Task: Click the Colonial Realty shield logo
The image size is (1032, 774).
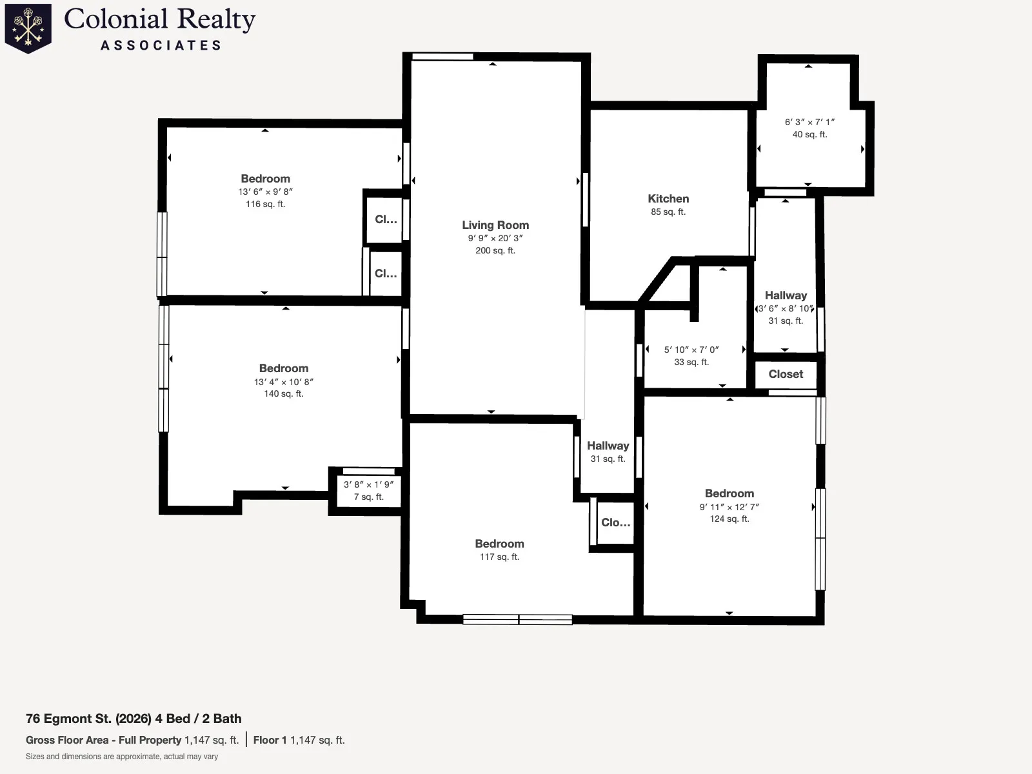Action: click(x=28, y=28)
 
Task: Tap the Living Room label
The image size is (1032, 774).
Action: click(x=495, y=225)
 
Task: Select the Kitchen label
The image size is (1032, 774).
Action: click(x=668, y=199)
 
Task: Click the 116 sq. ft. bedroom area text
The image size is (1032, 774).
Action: click(x=265, y=204)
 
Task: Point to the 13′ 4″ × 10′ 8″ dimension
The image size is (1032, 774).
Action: click(x=284, y=382)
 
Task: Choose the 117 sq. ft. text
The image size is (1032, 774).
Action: click(x=499, y=557)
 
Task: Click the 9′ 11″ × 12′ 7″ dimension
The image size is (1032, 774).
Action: click(x=729, y=507)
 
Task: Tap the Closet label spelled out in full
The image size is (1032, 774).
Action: click(x=786, y=374)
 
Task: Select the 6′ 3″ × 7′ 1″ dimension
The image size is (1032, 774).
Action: click(x=809, y=122)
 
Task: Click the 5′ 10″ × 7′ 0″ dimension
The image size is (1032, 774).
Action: click(x=691, y=350)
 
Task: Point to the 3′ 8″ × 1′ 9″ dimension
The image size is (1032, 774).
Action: click(x=368, y=484)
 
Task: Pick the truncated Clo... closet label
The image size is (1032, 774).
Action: click(x=615, y=522)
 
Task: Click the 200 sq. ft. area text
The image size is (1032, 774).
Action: click(x=495, y=250)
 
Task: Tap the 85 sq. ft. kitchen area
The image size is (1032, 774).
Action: click(x=668, y=212)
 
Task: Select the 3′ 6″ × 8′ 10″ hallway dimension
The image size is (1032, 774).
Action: click(x=786, y=309)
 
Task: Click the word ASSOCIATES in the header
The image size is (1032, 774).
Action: click(x=161, y=45)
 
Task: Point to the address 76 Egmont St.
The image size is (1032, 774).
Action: click(x=68, y=719)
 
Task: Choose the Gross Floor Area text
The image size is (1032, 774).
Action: click(x=67, y=740)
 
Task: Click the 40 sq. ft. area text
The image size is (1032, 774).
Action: click(x=809, y=134)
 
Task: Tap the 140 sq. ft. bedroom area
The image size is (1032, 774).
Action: click(x=284, y=394)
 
